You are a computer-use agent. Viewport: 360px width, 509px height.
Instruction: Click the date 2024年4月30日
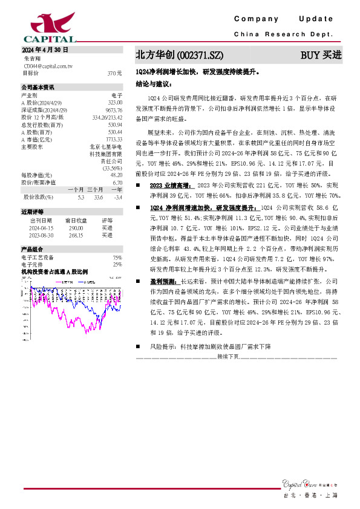click(45, 50)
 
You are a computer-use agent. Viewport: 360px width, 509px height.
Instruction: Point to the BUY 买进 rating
click(321, 55)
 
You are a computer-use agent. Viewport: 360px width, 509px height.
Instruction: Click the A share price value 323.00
click(115, 103)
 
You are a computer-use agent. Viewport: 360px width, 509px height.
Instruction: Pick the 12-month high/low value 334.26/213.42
click(107, 117)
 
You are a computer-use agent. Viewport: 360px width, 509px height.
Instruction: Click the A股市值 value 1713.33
click(114, 139)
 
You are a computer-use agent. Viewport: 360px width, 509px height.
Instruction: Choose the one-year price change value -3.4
click(118, 196)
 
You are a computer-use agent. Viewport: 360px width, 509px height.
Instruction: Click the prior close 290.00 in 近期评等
click(76, 228)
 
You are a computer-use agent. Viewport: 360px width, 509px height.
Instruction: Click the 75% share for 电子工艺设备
click(117, 258)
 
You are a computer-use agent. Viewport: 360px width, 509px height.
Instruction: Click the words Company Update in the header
click(283, 19)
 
